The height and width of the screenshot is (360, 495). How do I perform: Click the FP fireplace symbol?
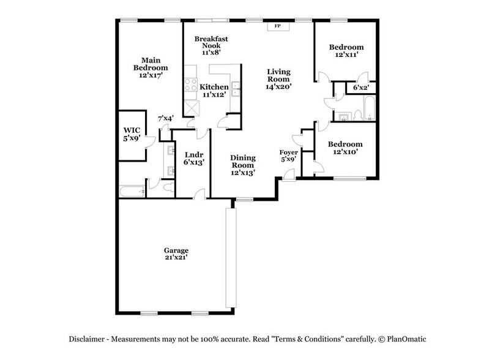pos(277,26)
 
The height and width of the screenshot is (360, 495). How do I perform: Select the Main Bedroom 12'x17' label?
pos(151,67)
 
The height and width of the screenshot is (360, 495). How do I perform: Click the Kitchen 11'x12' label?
pos(214,91)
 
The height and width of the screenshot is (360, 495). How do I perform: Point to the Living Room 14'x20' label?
pos(282,79)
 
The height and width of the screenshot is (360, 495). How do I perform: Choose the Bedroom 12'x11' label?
pos(346,51)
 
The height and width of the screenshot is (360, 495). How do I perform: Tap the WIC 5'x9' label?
pos(132,134)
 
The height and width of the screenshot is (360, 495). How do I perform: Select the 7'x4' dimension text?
pos(166,119)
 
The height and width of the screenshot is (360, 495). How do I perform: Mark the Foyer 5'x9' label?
pos(288,156)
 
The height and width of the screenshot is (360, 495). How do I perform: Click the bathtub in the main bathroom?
pos(132,192)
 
